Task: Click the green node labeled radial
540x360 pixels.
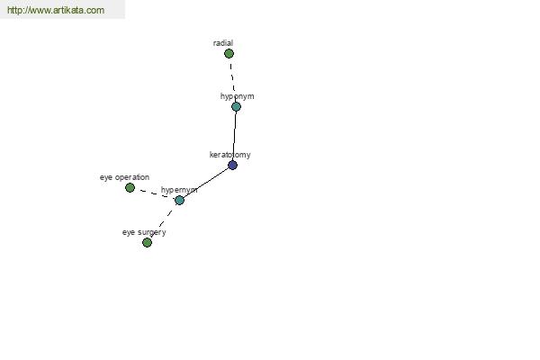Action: pos(229,53)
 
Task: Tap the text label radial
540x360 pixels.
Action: pos(223,43)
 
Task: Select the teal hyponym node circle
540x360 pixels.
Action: pos(236,107)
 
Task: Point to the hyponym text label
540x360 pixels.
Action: pos(238,96)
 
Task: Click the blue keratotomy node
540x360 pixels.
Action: pos(233,165)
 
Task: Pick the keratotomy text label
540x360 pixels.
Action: pos(230,155)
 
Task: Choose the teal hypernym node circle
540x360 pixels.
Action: pos(179,200)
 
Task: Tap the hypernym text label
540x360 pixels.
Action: pos(179,190)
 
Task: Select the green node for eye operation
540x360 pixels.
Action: pos(130,187)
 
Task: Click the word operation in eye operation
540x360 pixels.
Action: pos(132,177)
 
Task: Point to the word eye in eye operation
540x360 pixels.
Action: pos(106,178)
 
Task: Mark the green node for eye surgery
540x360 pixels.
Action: pos(147,242)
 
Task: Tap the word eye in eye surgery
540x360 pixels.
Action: pos(129,233)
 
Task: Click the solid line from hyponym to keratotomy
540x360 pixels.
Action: pos(235,136)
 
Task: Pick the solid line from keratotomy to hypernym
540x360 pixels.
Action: pos(206,183)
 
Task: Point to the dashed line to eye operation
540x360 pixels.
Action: pos(155,193)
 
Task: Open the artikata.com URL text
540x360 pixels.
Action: pos(56,10)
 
